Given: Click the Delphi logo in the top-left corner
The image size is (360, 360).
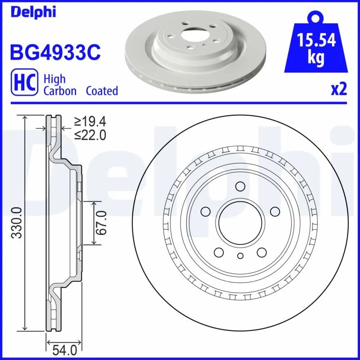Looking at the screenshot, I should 32,12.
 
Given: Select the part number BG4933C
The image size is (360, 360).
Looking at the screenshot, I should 54,53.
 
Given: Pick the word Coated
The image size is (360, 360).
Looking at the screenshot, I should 102,91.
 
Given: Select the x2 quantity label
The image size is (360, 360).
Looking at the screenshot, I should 338,90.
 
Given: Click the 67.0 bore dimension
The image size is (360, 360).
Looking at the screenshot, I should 102,223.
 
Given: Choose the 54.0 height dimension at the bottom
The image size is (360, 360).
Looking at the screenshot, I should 64,349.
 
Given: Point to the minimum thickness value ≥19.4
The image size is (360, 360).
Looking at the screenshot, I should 90,121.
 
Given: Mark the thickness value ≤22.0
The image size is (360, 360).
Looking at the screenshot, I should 90,134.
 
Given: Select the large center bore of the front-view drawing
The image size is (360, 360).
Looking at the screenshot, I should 240,223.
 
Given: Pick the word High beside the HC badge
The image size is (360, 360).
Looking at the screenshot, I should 54,79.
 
